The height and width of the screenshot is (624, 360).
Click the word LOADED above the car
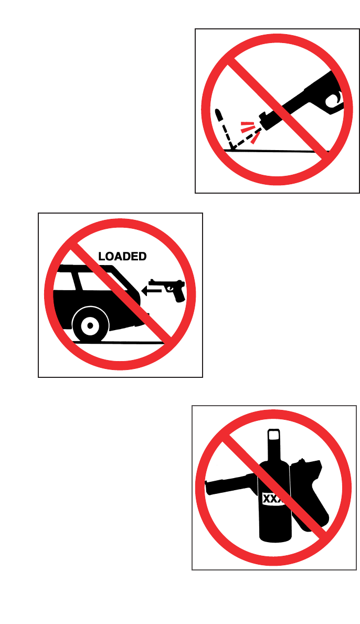122,256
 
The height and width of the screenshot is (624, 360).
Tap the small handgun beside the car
168,289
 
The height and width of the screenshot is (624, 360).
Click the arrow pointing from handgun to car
151,291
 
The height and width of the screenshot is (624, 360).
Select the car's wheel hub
90,325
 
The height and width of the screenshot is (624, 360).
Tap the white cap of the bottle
274,436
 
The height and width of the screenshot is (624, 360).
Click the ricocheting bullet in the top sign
218,114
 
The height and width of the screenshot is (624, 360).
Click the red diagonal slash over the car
121,294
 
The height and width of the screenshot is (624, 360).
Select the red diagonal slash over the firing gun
278,109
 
